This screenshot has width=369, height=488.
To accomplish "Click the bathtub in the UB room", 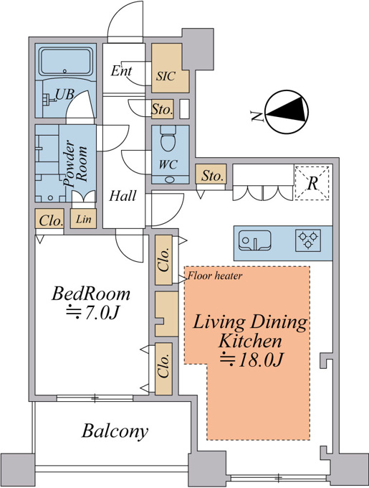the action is pyautogui.click(x=66, y=61).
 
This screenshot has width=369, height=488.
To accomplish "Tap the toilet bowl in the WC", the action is pyautogui.click(x=168, y=139).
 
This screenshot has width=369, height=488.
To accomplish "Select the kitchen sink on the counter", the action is pyautogui.click(x=254, y=240).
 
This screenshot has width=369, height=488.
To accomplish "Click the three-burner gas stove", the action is pyautogui.click(x=308, y=240).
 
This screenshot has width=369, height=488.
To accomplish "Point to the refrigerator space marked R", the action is pyautogui.click(x=312, y=183).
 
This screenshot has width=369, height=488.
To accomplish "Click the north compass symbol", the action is pyautogui.click(x=287, y=112).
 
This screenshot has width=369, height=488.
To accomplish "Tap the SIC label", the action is pyautogui.click(x=166, y=76).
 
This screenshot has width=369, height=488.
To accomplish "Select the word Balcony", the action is pyautogui.click(x=115, y=431).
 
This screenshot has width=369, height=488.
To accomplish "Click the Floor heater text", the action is pyautogui.click(x=215, y=276).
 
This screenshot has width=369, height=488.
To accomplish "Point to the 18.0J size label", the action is pyautogui.click(x=252, y=360).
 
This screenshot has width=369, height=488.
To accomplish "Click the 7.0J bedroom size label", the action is pyautogui.click(x=92, y=313).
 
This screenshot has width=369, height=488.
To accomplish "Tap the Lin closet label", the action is pyautogui.click(x=84, y=219).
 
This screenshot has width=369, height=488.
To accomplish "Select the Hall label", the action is pyautogui.click(x=123, y=196).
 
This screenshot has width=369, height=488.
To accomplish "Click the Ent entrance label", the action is pyautogui.click(x=121, y=71).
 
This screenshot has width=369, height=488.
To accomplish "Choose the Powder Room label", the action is pyautogui.click(x=75, y=163).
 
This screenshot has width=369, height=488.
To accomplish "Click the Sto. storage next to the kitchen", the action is pyautogui.click(x=212, y=176).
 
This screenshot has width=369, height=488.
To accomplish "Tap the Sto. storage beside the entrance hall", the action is pyautogui.click(x=162, y=109).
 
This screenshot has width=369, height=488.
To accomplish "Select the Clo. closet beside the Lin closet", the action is pyautogui.click(x=51, y=220).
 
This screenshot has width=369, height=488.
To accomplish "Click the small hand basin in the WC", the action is pyautogui.click(x=171, y=180).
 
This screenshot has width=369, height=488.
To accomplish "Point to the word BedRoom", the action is pyautogui.click(x=91, y=294).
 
